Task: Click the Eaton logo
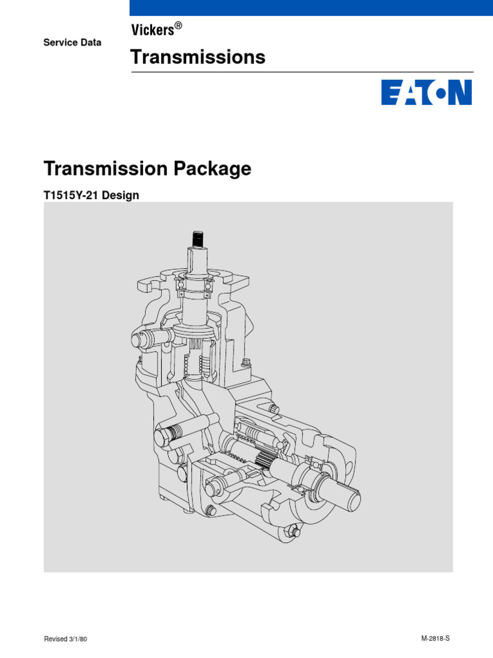point(426,92)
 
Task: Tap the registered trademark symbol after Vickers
point(178,26)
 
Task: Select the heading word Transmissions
point(198,57)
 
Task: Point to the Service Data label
point(72,42)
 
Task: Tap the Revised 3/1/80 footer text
point(65,640)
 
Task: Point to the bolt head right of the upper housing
point(246,366)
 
